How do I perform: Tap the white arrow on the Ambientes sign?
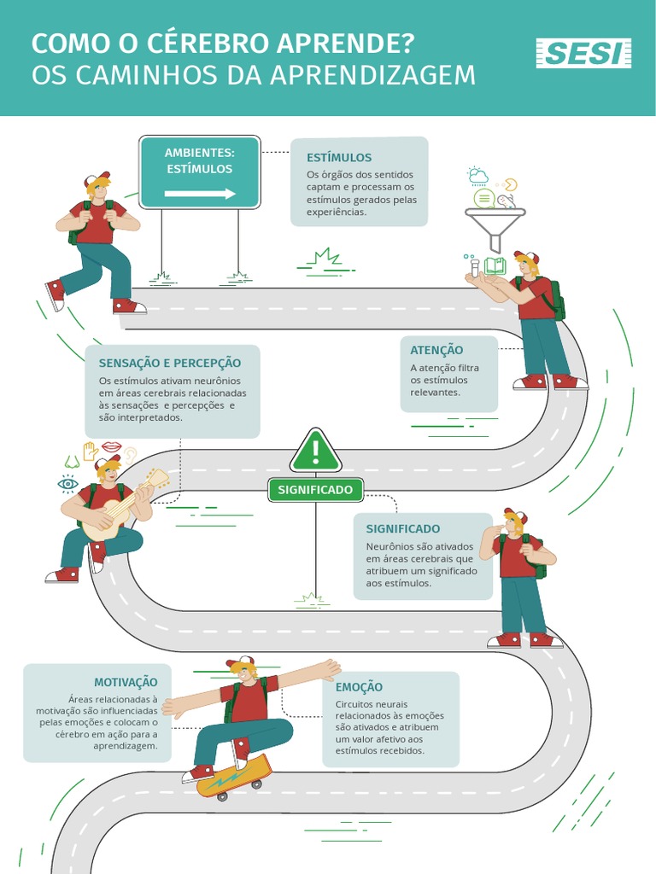click(200, 194)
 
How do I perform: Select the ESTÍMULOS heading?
click(339, 158)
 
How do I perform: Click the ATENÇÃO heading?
click(436, 350)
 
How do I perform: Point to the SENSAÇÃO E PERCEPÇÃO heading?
click(170, 363)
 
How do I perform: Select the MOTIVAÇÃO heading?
click(126, 682)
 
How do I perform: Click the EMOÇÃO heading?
click(359, 687)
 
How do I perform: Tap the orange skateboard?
click(233, 775)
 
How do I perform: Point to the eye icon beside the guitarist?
click(67, 484)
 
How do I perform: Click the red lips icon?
click(112, 446)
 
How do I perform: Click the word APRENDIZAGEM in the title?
click(372, 75)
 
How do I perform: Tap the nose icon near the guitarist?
click(72, 462)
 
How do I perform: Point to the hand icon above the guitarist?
click(90, 450)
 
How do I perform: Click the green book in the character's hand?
click(495, 266)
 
